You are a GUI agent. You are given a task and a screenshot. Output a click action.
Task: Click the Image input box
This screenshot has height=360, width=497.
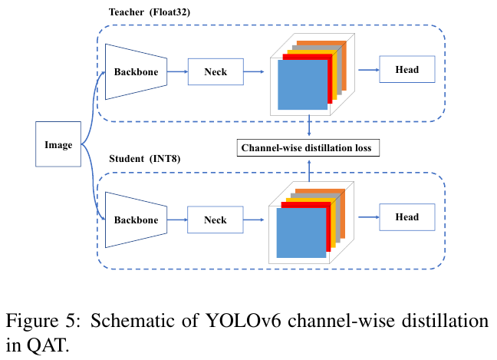pos(59,144)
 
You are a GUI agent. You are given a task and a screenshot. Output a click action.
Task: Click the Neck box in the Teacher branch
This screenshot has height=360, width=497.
pos(216,72)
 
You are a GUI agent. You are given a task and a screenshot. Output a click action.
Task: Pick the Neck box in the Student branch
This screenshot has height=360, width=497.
pos(216,220)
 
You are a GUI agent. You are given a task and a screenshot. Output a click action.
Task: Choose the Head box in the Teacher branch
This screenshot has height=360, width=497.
pos(407,70)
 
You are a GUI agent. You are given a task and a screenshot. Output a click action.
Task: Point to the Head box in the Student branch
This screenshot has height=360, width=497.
pos(407,217)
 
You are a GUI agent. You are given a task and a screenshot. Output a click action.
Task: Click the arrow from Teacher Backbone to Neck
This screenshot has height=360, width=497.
pos(177,72)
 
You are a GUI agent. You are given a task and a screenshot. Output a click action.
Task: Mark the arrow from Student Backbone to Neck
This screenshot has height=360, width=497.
pos(177,220)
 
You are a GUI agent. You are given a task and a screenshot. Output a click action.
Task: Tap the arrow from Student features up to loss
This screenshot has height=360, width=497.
pos(308,167)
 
